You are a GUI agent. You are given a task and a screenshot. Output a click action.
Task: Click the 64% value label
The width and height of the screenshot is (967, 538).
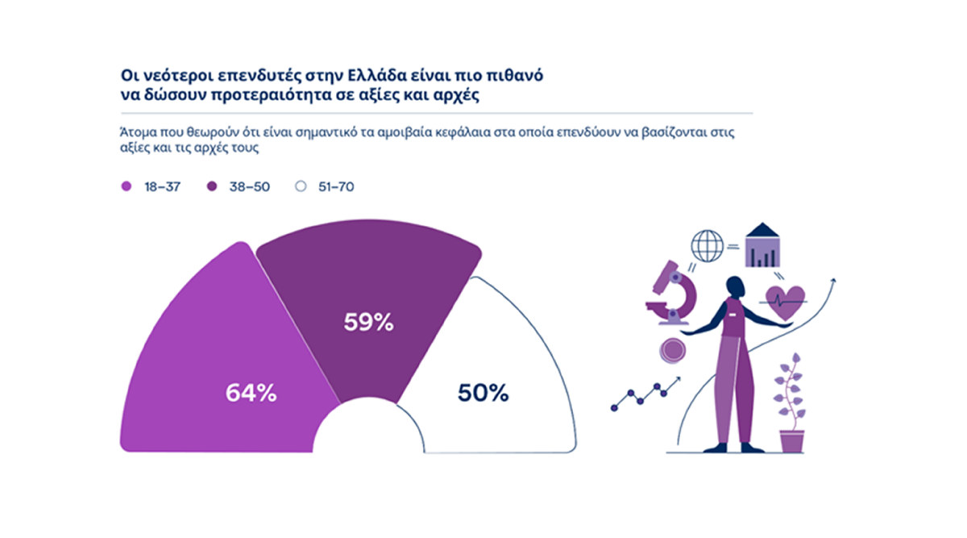coord(251,393)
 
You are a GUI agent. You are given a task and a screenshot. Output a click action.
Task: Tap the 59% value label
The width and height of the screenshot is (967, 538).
coord(368,322)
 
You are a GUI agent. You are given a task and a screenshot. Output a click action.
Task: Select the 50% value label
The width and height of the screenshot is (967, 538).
coord(483,393)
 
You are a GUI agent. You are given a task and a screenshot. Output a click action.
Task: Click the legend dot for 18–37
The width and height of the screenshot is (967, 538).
coord(126,186)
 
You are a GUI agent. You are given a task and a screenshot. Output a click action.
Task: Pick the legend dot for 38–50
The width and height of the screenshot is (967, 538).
coord(213,186)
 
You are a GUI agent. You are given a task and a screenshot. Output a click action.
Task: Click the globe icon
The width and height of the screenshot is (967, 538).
coord(707,246)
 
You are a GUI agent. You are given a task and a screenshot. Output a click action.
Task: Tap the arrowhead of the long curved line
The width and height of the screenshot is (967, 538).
coord(832,281)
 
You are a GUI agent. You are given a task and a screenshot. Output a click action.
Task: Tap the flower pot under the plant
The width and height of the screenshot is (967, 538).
coord(791,440)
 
